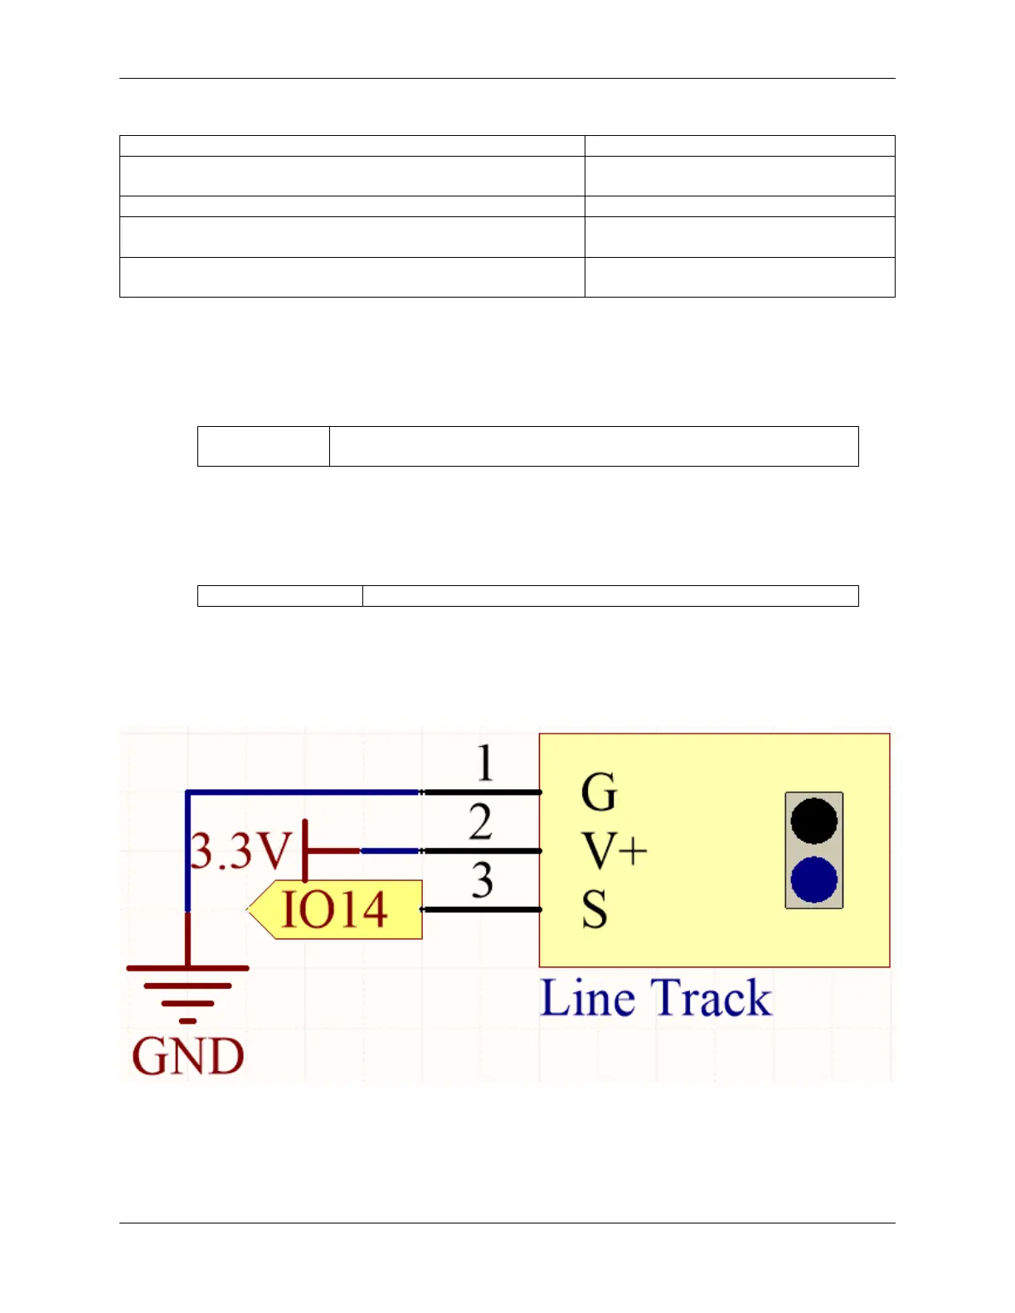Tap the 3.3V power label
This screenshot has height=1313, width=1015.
[241, 850]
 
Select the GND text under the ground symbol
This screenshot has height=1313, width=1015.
[188, 1056]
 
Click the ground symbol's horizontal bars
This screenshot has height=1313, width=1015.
[188, 986]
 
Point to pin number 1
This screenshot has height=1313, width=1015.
[486, 763]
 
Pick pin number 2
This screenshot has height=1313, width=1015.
[481, 822]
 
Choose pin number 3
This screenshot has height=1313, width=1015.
[483, 880]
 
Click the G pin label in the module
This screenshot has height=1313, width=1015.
[599, 792]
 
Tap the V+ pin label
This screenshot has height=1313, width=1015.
[614, 850]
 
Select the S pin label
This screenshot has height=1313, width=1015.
[595, 909]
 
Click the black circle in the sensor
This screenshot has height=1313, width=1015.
[814, 821]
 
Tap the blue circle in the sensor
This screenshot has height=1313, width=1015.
[814, 879]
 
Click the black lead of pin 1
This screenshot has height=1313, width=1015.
[482, 792]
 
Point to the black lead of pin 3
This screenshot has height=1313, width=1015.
[482, 909]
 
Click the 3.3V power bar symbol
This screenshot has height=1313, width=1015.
[306, 850]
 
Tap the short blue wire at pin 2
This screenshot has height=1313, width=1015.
[390, 850]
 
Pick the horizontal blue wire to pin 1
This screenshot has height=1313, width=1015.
[304, 792]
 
